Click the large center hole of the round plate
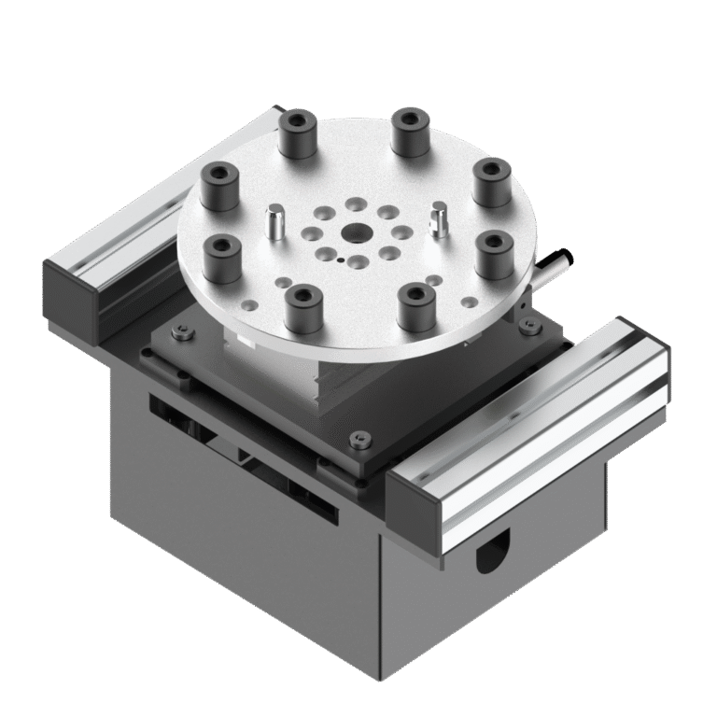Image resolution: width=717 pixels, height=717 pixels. (354, 232)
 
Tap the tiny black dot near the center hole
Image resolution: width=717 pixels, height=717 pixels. (342, 260)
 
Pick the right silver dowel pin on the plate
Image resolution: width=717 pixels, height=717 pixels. (439, 219)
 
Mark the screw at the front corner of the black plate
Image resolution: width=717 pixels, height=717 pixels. (360, 440)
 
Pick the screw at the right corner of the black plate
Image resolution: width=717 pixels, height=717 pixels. (529, 326)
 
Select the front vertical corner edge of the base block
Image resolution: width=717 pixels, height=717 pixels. (380, 607)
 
